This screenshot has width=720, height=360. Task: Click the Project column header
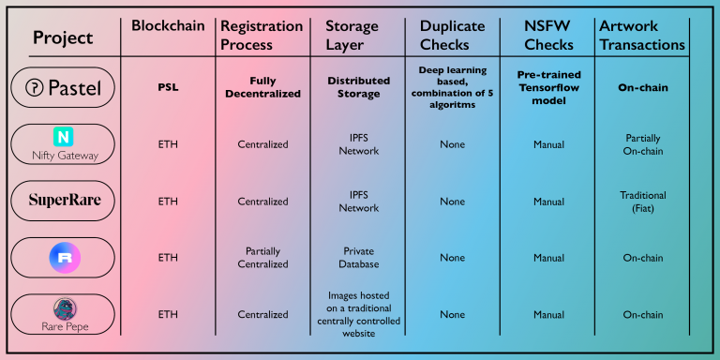(x=63, y=37)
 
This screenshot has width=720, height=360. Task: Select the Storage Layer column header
(x=352, y=36)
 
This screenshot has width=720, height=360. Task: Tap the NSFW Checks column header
(x=548, y=36)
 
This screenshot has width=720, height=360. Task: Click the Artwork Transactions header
(x=642, y=36)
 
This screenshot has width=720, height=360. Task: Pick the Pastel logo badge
(x=63, y=88)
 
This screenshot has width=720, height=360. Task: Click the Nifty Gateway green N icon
(x=63, y=137)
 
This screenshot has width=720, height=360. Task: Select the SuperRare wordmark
(x=65, y=201)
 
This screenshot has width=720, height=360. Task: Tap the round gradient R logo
(x=65, y=258)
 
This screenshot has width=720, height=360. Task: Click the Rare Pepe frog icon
(x=65, y=309)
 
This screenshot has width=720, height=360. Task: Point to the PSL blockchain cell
(x=168, y=87)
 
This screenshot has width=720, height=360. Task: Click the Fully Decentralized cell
(x=262, y=87)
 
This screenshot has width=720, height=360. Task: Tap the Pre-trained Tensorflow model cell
(x=549, y=87)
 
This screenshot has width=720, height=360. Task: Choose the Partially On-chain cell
(x=642, y=144)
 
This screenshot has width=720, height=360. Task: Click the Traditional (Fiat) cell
(x=642, y=202)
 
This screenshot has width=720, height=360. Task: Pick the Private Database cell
(x=359, y=258)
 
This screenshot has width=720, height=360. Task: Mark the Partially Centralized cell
(x=262, y=258)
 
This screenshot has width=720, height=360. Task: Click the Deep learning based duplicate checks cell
(x=452, y=87)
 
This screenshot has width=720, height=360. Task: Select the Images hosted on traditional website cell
(x=359, y=315)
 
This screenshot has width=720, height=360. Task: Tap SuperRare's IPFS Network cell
(x=359, y=202)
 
